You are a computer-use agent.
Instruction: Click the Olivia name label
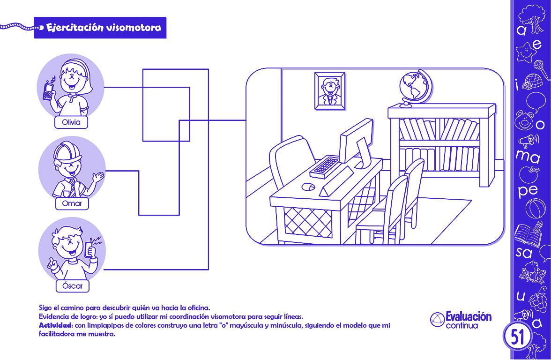71,123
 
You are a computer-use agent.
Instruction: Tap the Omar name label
72,203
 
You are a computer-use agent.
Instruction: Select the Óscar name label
72,286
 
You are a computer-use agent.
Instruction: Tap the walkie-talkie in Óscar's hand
91,248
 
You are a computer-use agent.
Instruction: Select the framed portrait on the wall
329,90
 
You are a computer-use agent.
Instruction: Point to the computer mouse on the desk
307,187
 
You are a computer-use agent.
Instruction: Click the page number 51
518,336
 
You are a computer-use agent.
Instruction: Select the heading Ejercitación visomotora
104,28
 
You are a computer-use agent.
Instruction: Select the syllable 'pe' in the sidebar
528,190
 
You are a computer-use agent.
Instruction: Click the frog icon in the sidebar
529,272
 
